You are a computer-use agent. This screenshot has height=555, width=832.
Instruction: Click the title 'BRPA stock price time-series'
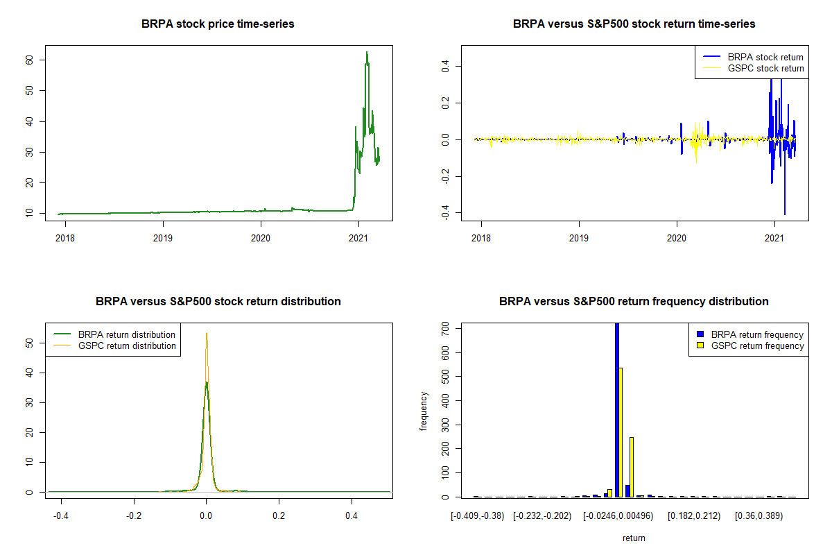pyautogui.click(x=218, y=24)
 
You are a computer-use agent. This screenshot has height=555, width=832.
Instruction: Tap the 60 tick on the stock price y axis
pyautogui.click(x=33, y=60)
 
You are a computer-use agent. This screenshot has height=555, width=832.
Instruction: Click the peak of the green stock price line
pyautogui.click(x=367, y=52)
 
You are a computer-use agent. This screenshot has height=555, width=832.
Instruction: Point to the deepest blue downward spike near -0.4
pyautogui.click(x=785, y=214)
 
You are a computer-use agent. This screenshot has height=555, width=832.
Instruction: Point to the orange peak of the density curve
pyautogui.click(x=206, y=334)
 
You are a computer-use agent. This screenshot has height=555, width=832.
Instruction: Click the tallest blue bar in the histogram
pyautogui.click(x=617, y=409)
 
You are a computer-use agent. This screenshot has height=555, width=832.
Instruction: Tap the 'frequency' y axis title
pyautogui.click(x=424, y=411)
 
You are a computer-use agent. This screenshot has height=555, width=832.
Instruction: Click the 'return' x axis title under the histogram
pyautogui.click(x=634, y=538)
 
